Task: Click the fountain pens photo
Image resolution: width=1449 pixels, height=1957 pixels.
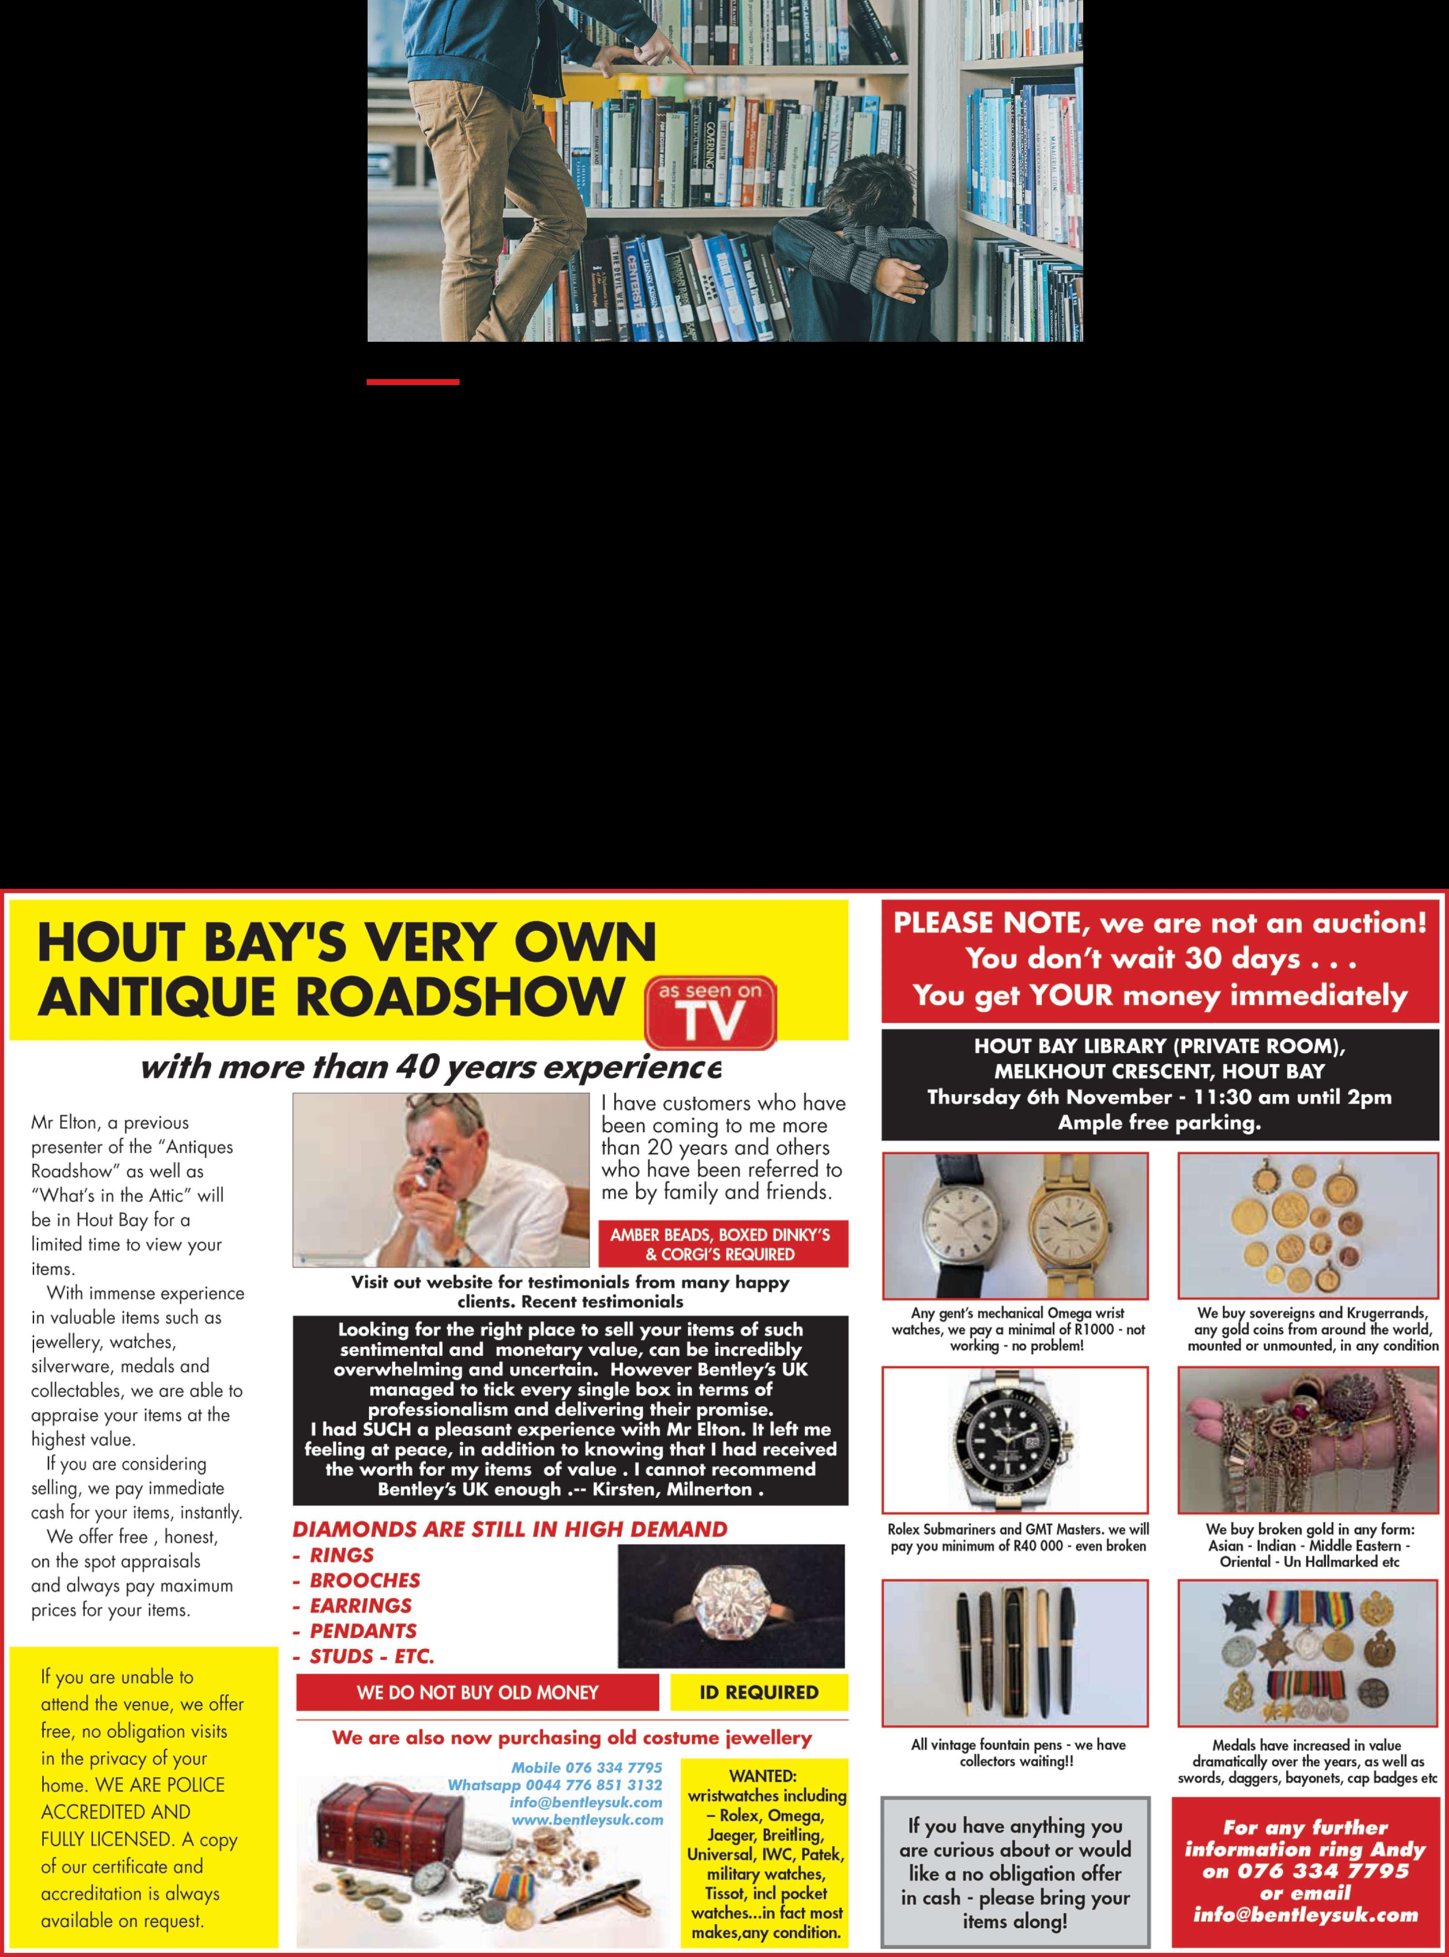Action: tap(1015, 1653)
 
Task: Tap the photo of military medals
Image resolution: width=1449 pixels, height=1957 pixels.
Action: tap(1308, 1653)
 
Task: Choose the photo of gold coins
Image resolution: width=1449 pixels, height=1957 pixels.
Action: tap(1308, 1226)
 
